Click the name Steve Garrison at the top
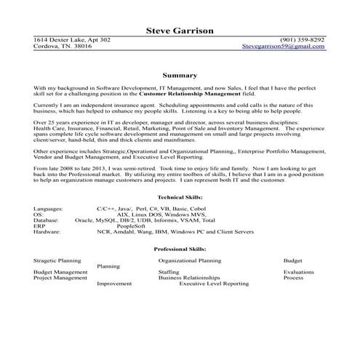click(180, 31)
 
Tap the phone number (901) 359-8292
click(303, 39)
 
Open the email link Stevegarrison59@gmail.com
click(284, 46)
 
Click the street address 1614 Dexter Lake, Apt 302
click(73, 39)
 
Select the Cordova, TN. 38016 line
click(63, 46)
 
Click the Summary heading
click(180, 75)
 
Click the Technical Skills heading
click(180, 198)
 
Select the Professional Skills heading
click(180, 249)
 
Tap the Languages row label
click(49, 209)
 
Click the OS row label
click(39, 215)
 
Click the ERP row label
click(40, 226)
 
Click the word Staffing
click(169, 271)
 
